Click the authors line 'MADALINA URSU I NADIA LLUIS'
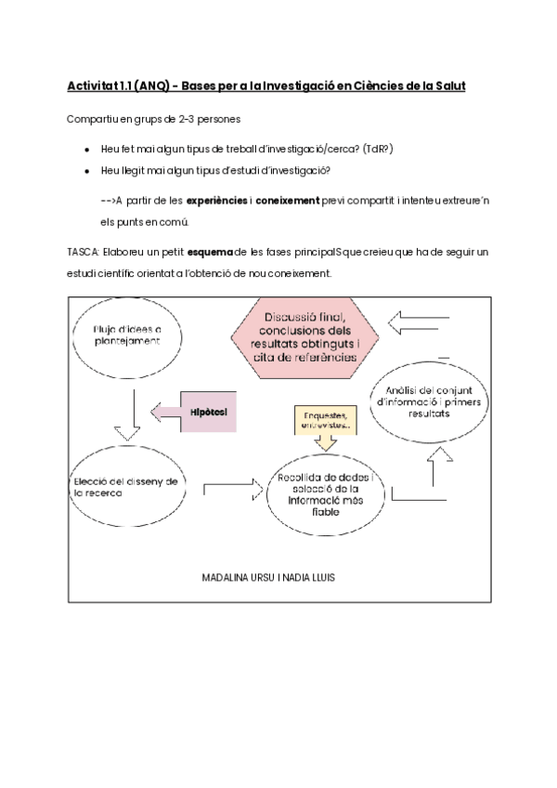[268, 577]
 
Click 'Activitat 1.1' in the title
[97, 86]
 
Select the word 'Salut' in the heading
[442, 86]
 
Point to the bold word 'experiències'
[217, 201]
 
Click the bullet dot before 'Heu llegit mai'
[86, 171]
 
